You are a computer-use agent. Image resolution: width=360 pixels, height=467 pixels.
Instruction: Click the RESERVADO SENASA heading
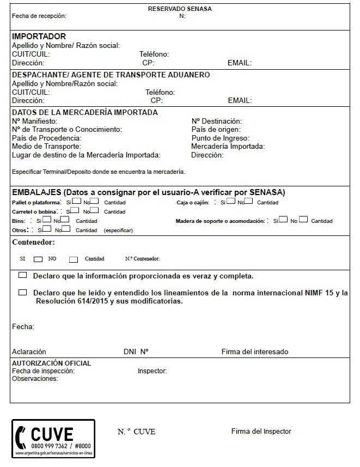180,9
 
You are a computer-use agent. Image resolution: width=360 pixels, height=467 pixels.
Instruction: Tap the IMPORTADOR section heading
39,37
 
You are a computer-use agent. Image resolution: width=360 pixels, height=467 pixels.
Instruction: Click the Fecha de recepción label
39,16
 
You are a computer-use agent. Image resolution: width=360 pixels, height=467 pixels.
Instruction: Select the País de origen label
216,130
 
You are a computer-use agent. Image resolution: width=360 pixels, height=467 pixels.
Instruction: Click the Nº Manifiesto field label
34,121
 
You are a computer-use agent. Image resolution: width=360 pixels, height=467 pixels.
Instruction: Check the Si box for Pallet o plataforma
77,201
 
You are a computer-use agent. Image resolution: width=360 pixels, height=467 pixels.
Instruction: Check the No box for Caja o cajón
249,201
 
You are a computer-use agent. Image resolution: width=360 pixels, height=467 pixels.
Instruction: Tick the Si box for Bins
47,220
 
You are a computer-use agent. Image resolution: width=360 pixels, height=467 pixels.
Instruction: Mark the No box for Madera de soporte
303,220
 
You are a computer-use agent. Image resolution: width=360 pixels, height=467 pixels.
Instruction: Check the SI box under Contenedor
38,259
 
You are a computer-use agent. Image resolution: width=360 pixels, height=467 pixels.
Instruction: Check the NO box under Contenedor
74,259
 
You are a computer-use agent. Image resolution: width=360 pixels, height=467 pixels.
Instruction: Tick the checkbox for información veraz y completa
22,275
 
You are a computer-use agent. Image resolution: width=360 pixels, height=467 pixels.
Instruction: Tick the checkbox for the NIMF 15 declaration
22,293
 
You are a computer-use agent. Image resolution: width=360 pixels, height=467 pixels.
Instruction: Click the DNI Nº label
136,351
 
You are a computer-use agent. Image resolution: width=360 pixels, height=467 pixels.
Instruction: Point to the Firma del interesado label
254,351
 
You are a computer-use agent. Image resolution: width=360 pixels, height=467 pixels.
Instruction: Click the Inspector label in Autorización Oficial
152,371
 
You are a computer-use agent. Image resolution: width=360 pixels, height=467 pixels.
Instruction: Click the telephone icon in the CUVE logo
21,435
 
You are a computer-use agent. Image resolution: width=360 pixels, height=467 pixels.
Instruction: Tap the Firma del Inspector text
261,431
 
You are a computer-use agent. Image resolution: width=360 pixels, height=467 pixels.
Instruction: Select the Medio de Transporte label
46,147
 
